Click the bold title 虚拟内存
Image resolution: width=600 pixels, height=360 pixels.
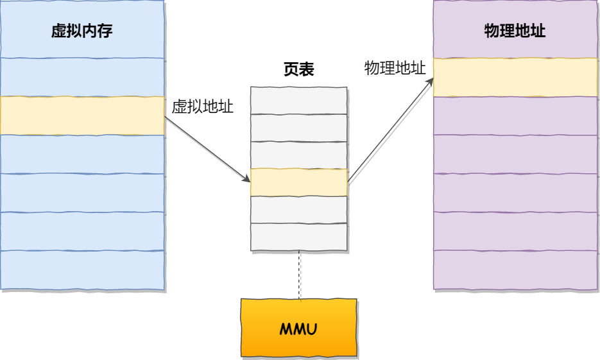pos(81,31)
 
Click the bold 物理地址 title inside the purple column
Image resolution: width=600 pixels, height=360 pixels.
pos(515,31)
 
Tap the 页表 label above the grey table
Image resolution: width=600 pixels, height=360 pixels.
pos(298,69)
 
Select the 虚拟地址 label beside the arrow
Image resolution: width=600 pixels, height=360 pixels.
pos(202,107)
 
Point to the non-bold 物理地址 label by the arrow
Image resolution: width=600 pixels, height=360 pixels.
pos(395,68)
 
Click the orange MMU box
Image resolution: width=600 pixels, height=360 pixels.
pos(298,327)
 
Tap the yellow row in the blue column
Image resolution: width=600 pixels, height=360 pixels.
pos(82,116)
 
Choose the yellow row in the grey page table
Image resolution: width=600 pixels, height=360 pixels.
pos(299,182)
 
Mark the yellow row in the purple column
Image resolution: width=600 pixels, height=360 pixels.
pos(515,77)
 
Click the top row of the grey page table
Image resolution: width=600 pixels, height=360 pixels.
pos(299,100)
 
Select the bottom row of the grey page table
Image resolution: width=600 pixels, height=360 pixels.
pos(299,237)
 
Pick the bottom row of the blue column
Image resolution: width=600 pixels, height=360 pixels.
pos(82,270)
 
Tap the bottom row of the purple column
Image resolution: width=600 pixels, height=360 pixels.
pos(515,270)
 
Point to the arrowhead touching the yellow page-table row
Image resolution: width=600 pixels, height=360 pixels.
pos(246,179)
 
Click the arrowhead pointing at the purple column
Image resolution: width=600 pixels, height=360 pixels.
pos(429,82)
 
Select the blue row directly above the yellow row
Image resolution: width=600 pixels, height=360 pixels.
pos(82,77)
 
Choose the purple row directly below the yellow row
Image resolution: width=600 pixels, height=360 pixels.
pos(515,116)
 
